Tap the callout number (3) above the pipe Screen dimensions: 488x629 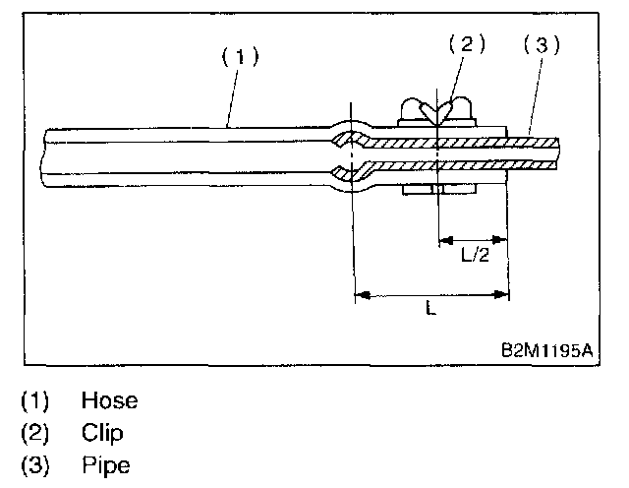[x=541, y=44]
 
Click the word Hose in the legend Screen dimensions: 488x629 [x=109, y=400]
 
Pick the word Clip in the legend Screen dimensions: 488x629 [x=102, y=432]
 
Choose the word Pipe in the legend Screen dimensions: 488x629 [x=105, y=463]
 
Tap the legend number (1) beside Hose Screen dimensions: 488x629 [x=34, y=400]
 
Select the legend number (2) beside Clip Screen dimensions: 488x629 [x=34, y=432]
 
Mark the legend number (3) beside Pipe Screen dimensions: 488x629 [x=34, y=463]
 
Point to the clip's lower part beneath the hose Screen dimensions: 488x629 [x=437, y=189]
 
